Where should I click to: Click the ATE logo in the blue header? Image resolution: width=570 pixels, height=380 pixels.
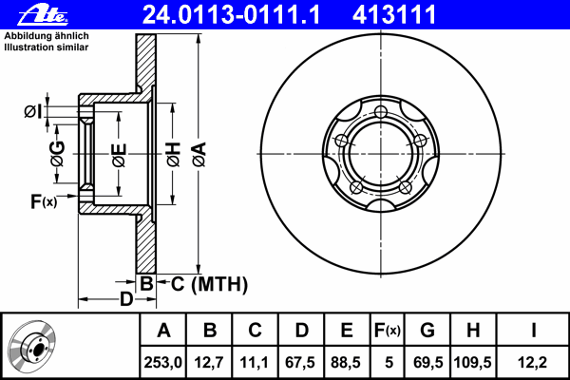pos(44,15)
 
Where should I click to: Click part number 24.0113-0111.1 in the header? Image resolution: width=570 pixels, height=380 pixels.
pos(231,14)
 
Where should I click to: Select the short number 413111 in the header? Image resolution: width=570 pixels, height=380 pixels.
pos(394,14)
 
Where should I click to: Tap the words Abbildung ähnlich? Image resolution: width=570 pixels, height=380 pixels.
pos(47,36)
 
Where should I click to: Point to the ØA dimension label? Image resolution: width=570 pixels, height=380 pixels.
pos(199,155)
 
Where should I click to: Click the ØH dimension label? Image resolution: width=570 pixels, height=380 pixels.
pos(174,155)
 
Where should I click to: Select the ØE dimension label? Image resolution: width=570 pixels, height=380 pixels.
pos(120,155)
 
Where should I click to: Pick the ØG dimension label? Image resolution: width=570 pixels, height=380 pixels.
pos(57,154)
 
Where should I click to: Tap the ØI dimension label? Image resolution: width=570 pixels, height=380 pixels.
pos(33,111)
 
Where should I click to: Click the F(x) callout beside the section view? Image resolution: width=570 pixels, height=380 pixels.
pos(44,201)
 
